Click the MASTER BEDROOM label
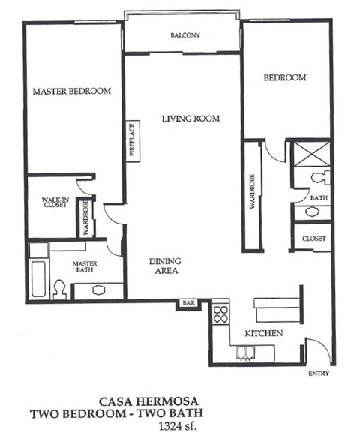72,91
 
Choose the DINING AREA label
164,266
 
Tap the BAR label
187,302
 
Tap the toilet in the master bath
62,287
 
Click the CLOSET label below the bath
313,238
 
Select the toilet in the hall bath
321,179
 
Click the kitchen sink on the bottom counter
245,351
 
